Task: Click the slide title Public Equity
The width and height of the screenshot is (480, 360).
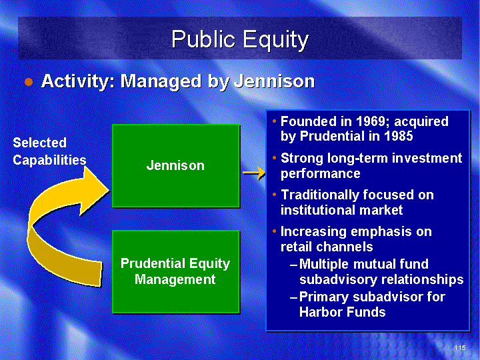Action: pyautogui.click(x=240, y=39)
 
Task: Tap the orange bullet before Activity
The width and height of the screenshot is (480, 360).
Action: pyautogui.click(x=29, y=82)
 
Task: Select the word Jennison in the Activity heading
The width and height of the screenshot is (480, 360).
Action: pyautogui.click(x=274, y=82)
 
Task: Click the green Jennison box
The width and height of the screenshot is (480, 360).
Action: pyautogui.click(x=176, y=166)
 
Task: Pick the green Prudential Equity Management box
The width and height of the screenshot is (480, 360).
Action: pyautogui.click(x=176, y=272)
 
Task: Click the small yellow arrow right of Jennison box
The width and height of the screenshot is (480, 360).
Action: pyautogui.click(x=254, y=173)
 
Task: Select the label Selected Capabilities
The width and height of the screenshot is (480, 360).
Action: pyautogui.click(x=49, y=151)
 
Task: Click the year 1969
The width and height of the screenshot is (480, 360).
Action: pyautogui.click(x=372, y=121)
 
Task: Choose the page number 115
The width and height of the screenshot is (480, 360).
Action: pyautogui.click(x=460, y=347)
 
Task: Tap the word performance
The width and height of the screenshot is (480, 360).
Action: pyautogui.click(x=321, y=174)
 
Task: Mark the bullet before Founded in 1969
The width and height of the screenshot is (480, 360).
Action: pyautogui.click(x=274, y=121)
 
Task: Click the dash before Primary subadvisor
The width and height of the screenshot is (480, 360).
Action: pyautogui.click(x=293, y=297)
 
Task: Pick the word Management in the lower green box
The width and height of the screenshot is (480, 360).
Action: pyautogui.click(x=175, y=279)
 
